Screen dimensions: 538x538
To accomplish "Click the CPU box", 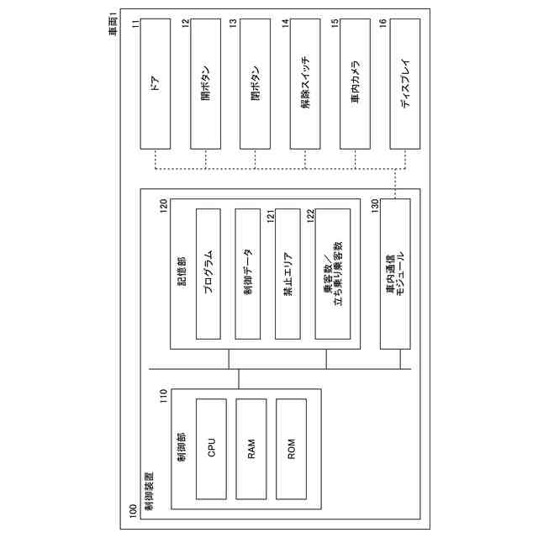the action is click(211, 446).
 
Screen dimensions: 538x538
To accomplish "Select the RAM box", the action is click(251, 446).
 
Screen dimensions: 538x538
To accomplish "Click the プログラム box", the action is click(211, 273).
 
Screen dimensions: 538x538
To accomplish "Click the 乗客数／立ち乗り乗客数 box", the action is click(332, 273).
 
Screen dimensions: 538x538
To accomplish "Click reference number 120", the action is click(164, 206).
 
